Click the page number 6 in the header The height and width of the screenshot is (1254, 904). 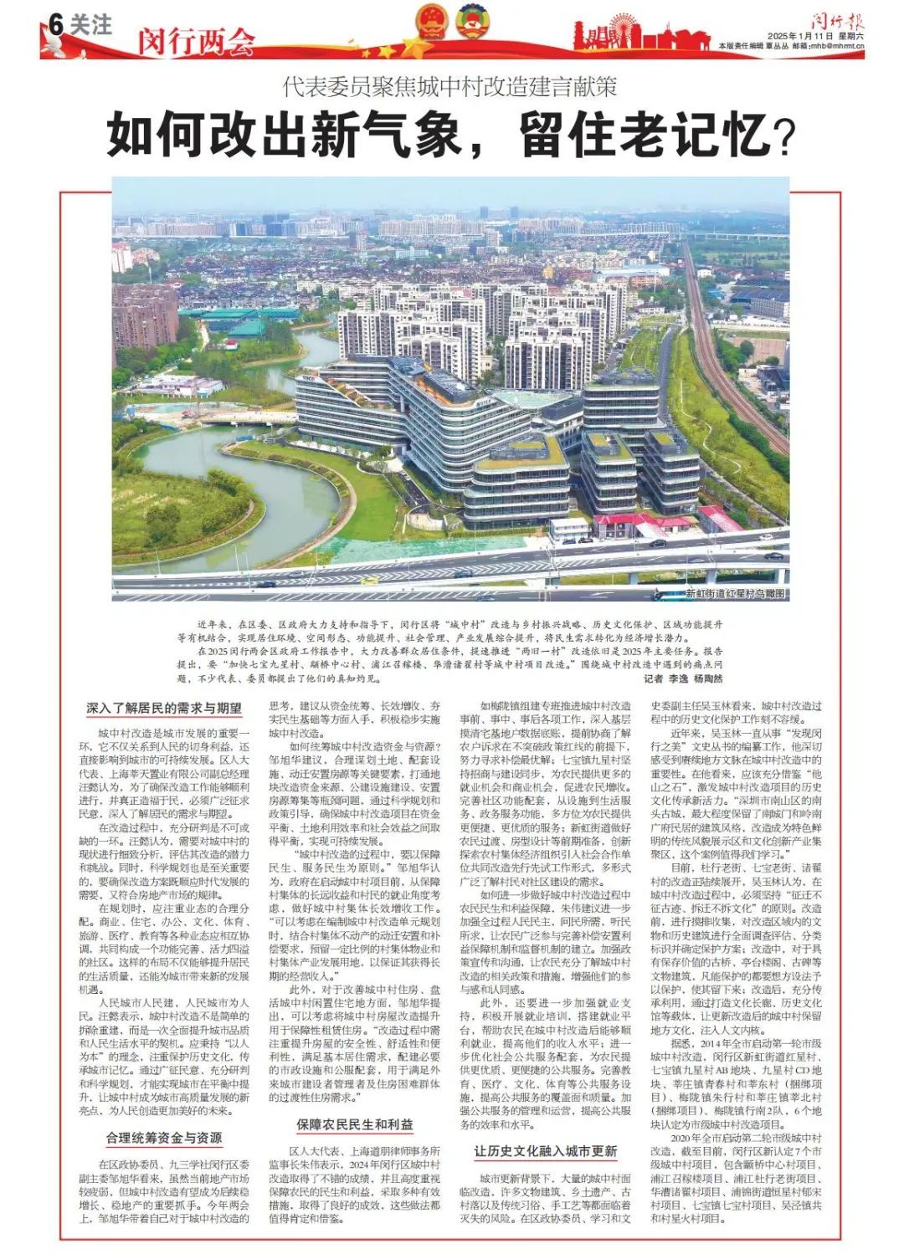click(56, 25)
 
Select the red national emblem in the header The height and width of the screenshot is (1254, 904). click(433, 23)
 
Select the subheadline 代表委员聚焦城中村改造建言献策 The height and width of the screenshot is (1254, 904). click(449, 85)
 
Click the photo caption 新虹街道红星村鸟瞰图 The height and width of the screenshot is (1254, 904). click(736, 593)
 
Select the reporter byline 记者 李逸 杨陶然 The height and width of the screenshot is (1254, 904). click(683, 678)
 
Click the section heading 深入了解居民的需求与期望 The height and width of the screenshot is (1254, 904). click(164, 709)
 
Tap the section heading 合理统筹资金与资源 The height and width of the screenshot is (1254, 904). click(164, 1138)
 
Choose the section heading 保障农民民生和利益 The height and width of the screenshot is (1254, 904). click(354, 1125)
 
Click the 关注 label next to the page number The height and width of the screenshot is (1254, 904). click(91, 25)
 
